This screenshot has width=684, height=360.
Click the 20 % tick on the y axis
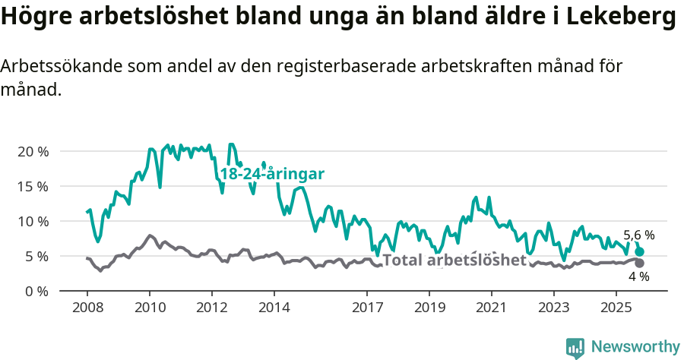32,151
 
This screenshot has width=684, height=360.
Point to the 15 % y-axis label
32,186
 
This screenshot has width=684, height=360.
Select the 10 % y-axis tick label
32,221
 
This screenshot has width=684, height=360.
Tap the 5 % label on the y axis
36,256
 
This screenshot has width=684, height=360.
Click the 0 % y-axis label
36,291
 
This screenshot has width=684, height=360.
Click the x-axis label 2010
149,308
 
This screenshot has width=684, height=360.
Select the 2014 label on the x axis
274,308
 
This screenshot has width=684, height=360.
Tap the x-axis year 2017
367,308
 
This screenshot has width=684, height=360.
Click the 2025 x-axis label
616,308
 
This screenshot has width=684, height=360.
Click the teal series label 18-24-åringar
272,174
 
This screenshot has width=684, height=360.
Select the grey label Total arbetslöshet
454,261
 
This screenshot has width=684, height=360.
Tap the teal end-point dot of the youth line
640,251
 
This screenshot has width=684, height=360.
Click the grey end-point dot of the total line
640,264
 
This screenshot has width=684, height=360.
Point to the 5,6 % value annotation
638,235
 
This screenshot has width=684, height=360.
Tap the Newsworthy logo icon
575,347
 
